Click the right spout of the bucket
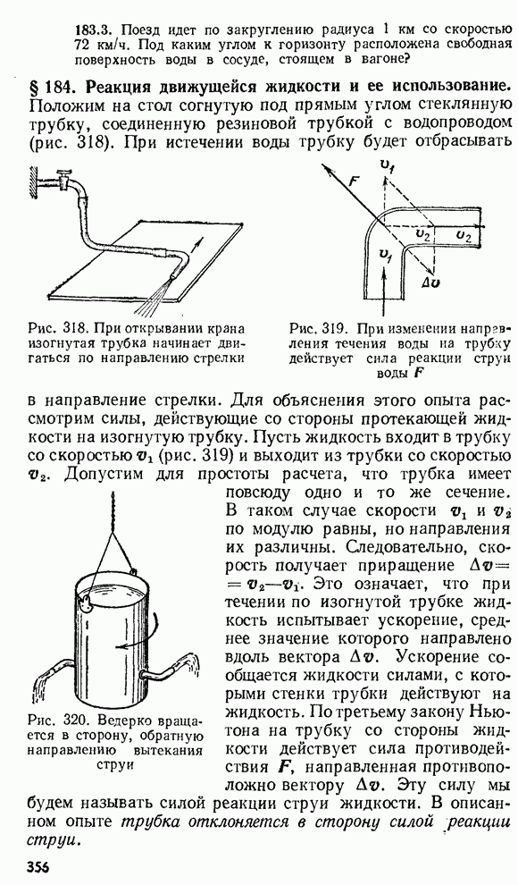coord(176,667)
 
